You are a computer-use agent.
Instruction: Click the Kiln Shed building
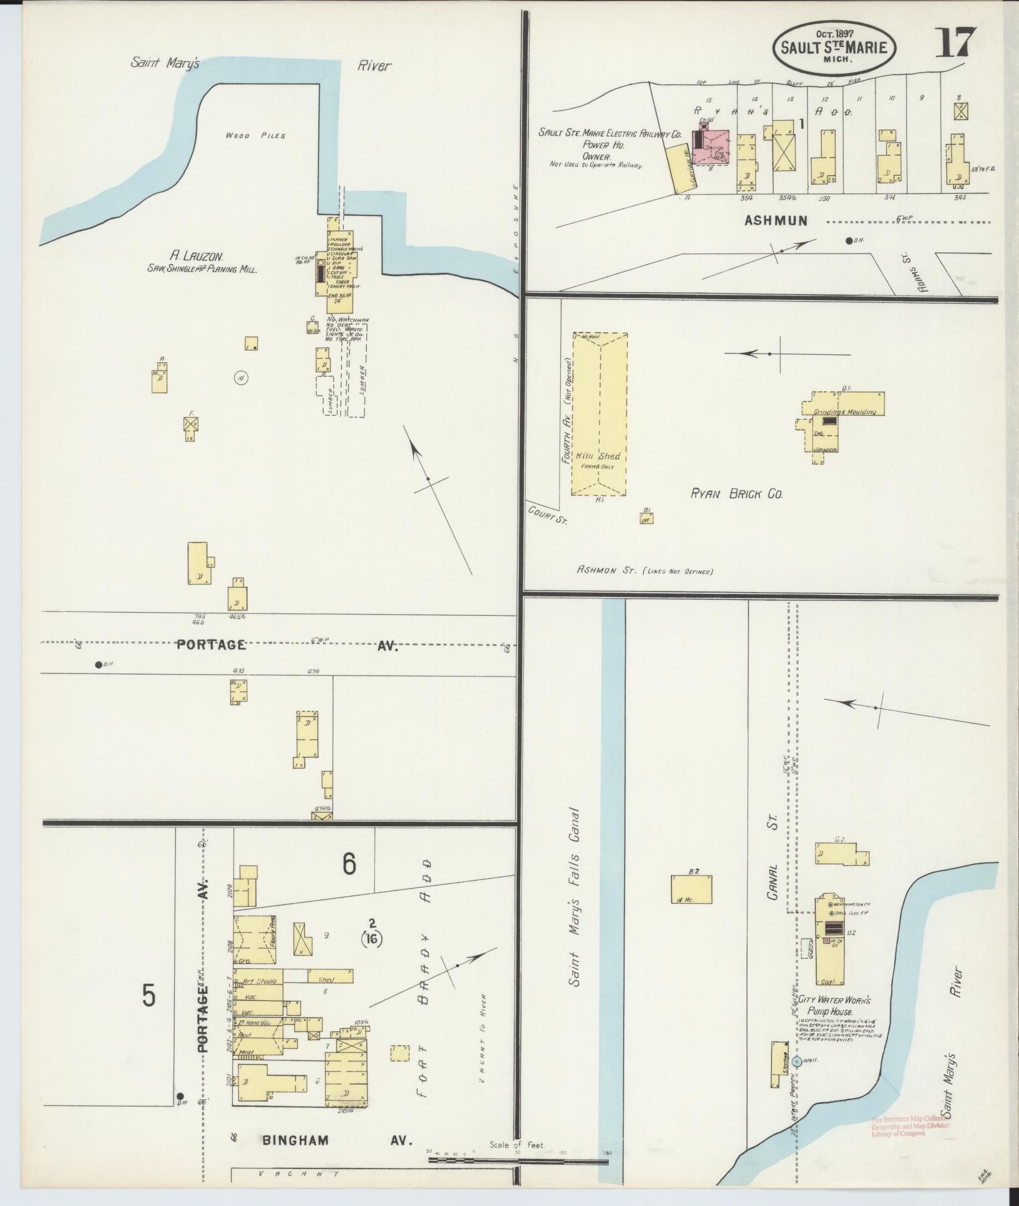coord(598,414)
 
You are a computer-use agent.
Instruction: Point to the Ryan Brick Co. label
coord(737,494)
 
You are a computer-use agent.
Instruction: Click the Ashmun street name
coord(776,220)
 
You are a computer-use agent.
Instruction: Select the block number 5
coord(148,997)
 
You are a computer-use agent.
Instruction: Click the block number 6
coord(349,864)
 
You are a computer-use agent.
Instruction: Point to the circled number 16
coord(372,938)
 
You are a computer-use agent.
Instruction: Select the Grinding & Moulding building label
coord(844,412)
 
